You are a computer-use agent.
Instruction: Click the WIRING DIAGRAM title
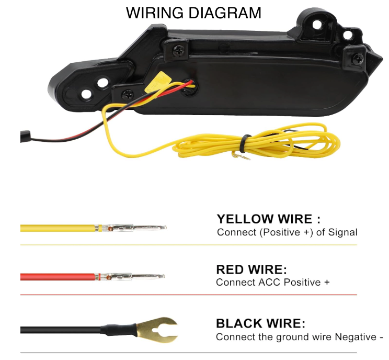193,13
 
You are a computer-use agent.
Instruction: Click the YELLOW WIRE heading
268,219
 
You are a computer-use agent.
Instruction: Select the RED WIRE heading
251,269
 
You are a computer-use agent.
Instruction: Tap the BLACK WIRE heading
260,323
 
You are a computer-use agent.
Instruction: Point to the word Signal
343,232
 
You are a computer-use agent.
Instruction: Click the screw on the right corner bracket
358,59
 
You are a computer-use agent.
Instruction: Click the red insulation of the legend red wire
58,276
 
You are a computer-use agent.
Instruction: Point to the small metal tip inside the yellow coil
241,155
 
